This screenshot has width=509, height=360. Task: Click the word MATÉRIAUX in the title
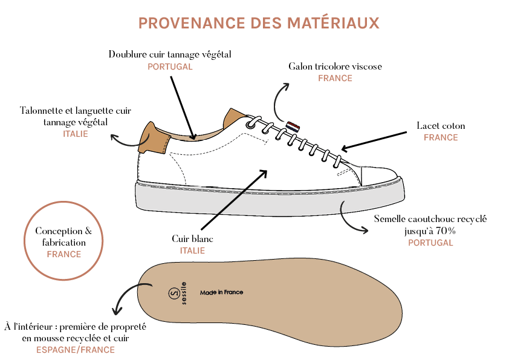coord(333,23)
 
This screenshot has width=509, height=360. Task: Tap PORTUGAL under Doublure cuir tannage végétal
coord(170,67)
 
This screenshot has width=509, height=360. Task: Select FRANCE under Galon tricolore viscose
coord(335,78)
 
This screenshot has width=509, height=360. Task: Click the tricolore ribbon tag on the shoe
coord(293,126)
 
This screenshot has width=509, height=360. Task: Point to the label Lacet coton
coord(441,126)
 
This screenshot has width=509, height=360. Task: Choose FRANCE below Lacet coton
coord(441,137)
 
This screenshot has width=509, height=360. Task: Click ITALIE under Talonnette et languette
coord(76,134)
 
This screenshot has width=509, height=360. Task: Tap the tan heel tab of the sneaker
coord(153,138)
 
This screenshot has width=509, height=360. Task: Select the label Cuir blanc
coord(192,239)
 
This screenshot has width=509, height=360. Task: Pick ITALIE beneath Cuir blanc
coord(192,250)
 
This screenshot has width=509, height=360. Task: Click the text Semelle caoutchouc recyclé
coord(430,219)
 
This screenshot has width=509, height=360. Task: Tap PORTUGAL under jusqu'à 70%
coord(430,243)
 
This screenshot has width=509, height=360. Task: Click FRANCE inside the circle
coord(64,254)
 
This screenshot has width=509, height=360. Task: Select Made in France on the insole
coord(221,292)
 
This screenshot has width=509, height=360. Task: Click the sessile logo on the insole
coord(178,293)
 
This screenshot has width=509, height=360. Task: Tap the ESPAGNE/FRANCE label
coord(76,350)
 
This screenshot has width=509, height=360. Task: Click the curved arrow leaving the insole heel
coord(125,292)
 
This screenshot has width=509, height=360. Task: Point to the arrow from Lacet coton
coord(374,141)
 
